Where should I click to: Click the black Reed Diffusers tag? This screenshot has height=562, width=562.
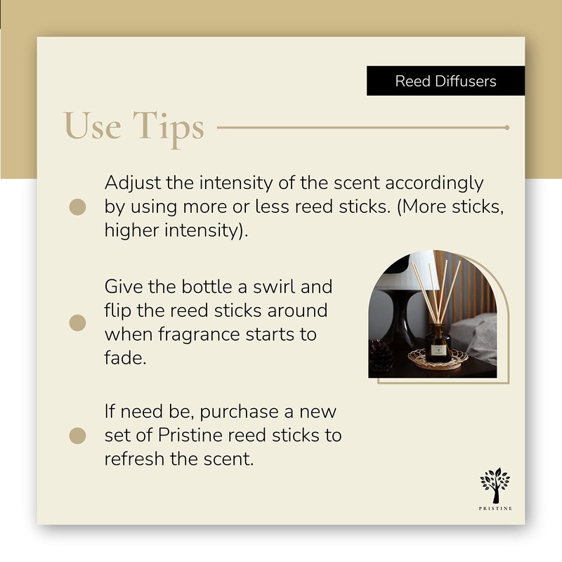445,81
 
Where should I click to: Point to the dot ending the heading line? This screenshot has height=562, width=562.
507,128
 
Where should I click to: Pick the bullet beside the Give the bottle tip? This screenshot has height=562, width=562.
78,322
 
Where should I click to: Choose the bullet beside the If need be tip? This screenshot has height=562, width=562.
78,436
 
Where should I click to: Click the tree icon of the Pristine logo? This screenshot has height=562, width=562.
495,485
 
